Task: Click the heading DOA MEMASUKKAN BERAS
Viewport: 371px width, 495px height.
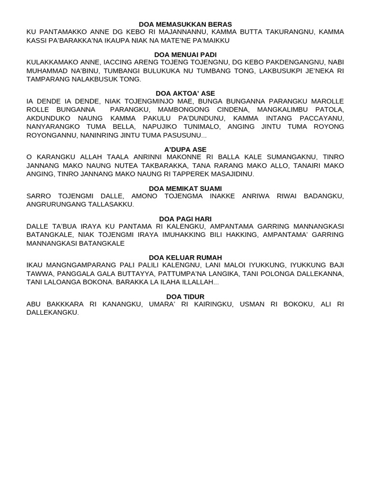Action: (x=185, y=24)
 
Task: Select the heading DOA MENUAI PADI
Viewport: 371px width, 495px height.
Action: (x=185, y=55)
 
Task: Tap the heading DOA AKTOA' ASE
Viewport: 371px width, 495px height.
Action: (x=185, y=93)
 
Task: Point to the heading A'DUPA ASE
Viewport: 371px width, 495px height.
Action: (x=185, y=150)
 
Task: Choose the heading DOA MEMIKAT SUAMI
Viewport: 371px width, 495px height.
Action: (x=185, y=188)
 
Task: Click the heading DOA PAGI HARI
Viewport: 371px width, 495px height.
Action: (x=185, y=219)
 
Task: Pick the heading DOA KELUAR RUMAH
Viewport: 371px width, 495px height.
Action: (x=185, y=257)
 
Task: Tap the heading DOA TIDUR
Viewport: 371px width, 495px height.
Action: (x=185, y=296)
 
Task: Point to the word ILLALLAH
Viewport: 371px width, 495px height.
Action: (x=199, y=282)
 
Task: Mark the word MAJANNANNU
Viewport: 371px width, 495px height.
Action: (x=188, y=32)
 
